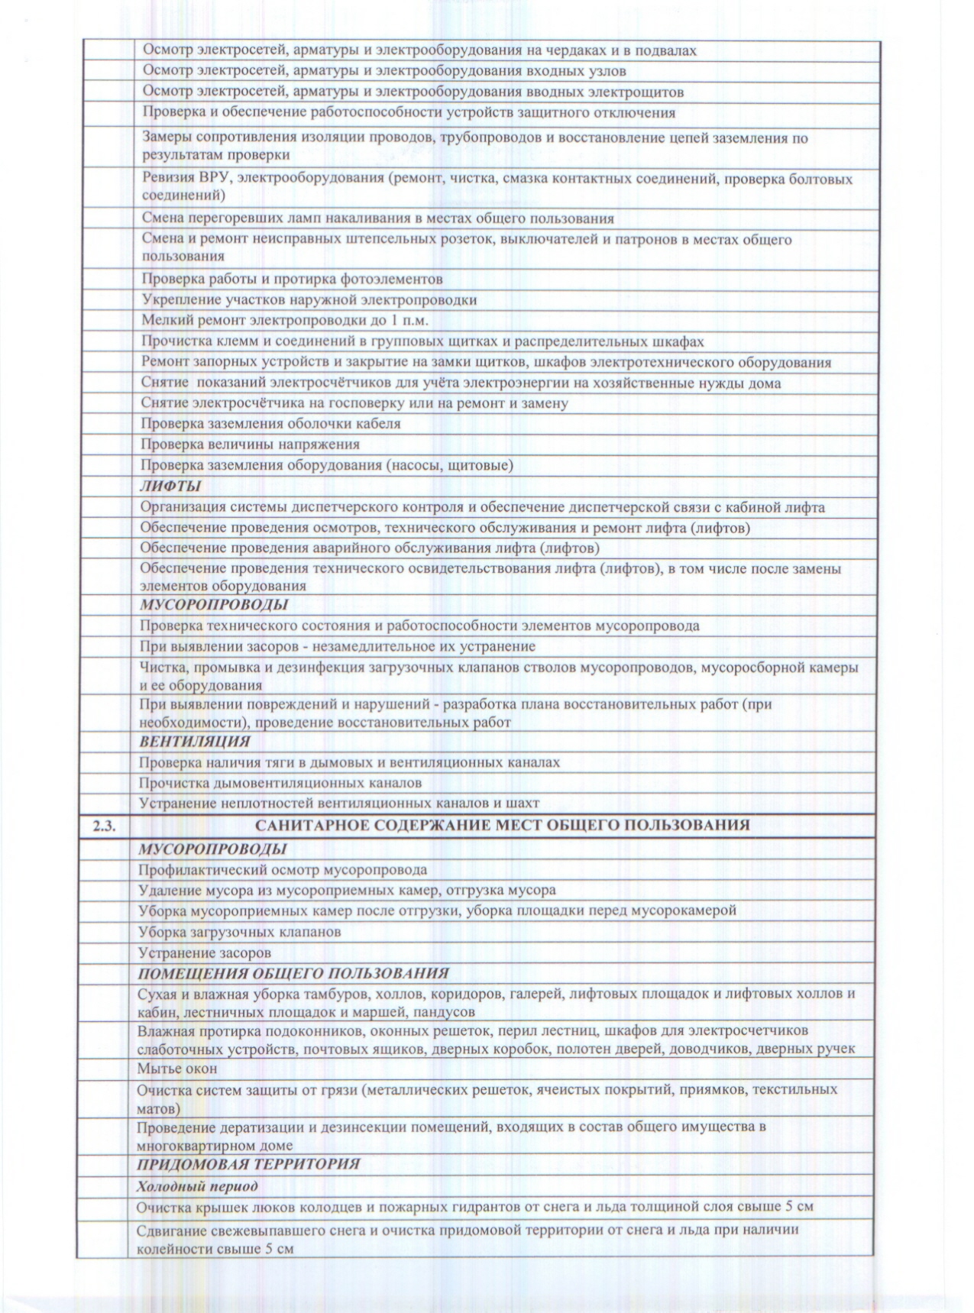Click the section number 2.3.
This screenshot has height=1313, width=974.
104,825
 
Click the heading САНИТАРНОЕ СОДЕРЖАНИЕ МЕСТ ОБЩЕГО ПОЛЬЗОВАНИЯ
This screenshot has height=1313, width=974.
502,825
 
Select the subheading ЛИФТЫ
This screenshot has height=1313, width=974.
170,486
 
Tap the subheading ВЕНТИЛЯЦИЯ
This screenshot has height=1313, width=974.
194,741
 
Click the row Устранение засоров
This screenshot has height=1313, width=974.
204,952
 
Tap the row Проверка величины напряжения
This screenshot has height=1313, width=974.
251,444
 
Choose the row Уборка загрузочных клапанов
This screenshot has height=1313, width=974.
239,932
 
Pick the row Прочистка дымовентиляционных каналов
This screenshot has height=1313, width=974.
280,782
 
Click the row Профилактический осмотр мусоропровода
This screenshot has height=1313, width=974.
283,869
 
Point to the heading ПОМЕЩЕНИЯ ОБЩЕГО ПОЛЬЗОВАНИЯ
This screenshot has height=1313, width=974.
293,973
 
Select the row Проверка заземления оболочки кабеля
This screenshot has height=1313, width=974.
270,423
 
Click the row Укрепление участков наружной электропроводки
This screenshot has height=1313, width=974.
309,299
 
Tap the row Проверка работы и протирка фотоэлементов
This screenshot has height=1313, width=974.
292,279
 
